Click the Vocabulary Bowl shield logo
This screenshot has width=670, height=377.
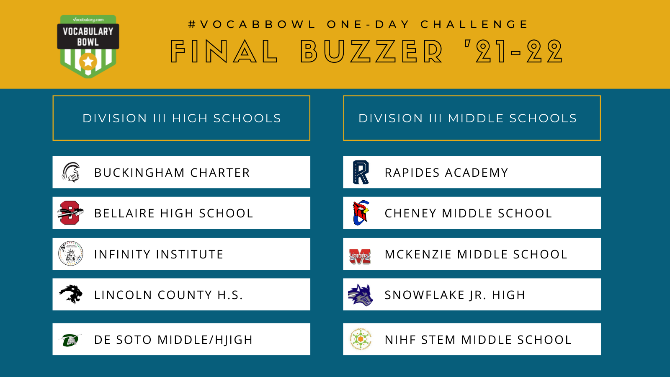pyautogui.click(x=88, y=46)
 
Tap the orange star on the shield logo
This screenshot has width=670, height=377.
pyautogui.click(x=88, y=62)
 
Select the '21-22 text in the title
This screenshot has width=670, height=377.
pyautogui.click(x=514, y=52)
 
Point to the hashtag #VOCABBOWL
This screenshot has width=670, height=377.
pyautogui.click(x=252, y=24)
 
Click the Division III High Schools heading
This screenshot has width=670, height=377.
pyautogui.click(x=182, y=118)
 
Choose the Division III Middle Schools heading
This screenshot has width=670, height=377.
pyautogui.click(x=467, y=118)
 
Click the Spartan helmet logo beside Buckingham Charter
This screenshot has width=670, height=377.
pyautogui.click(x=71, y=172)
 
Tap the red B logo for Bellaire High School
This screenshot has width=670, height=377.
pyautogui.click(x=70, y=213)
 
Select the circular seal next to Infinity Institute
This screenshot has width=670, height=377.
pyautogui.click(x=71, y=254)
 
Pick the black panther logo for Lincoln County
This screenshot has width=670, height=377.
pyautogui.click(x=71, y=294)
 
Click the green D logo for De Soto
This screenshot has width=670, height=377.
pyautogui.click(x=70, y=340)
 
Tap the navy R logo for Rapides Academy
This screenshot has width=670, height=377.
pyautogui.click(x=361, y=172)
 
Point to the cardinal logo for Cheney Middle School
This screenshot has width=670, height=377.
pyautogui.click(x=361, y=213)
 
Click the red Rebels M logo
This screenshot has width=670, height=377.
pyautogui.click(x=360, y=256)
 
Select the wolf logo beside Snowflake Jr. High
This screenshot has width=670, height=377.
pyautogui.click(x=361, y=295)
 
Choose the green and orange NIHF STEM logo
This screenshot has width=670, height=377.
pyautogui.click(x=361, y=339)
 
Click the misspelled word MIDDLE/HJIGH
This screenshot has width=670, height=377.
pyautogui.click(x=205, y=340)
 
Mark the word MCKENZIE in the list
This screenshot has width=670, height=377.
pyautogui.click(x=418, y=254)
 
